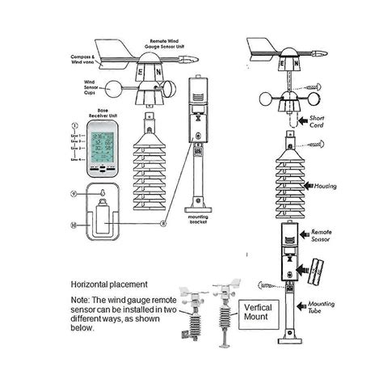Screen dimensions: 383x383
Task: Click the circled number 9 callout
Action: pyautogui.click(x=74, y=194)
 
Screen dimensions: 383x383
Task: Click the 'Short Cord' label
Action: pyautogui.click(x=322, y=123)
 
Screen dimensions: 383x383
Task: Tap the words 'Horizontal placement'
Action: pyautogui.click(x=109, y=284)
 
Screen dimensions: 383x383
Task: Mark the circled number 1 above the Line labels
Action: pyautogui.click(x=73, y=127)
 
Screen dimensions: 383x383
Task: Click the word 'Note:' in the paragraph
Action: pyautogui.click(x=82, y=301)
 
